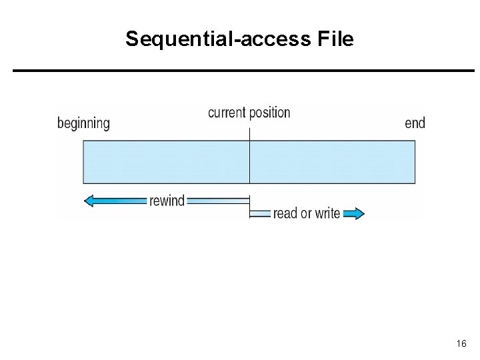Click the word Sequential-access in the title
(x=218, y=39)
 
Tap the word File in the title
(x=335, y=38)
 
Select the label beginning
(x=83, y=124)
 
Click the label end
(x=415, y=123)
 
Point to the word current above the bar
(x=227, y=113)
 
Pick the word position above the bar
(x=270, y=113)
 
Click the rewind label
(x=167, y=201)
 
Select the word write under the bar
(x=327, y=213)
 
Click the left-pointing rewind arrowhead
(x=89, y=201)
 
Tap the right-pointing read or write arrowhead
(x=359, y=213)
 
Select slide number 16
(x=461, y=343)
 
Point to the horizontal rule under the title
(x=244, y=71)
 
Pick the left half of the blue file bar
(x=166, y=162)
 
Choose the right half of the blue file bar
(x=333, y=162)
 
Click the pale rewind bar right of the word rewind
(x=218, y=201)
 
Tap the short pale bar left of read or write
(x=260, y=213)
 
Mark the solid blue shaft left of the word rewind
(x=120, y=201)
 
